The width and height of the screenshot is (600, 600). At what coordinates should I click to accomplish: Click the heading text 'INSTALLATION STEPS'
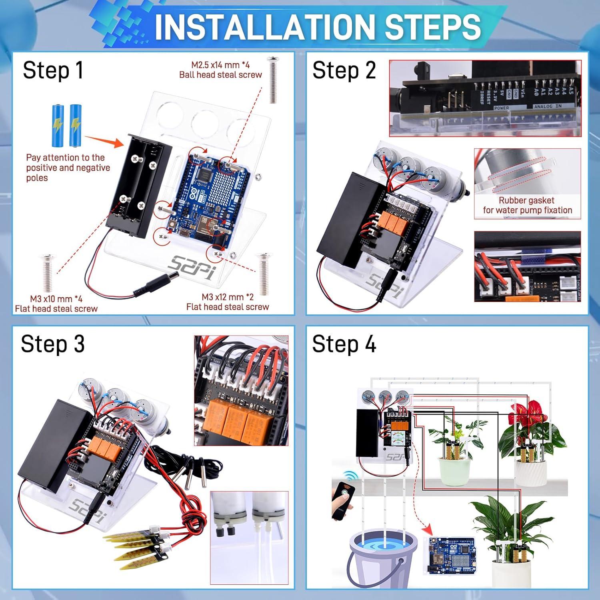pyautogui.click(x=318, y=26)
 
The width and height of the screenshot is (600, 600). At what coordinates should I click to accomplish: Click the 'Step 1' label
pyautogui.click(x=53, y=70)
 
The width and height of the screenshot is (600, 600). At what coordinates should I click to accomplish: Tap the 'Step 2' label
pyautogui.click(x=344, y=70)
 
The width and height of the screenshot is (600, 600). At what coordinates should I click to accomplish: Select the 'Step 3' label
pyautogui.click(x=53, y=344)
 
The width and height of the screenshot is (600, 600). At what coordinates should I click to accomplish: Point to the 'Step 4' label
pyautogui.click(x=344, y=344)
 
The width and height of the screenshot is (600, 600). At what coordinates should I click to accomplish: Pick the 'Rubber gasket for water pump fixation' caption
pyautogui.click(x=527, y=205)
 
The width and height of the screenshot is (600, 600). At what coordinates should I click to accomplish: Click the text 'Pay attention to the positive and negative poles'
pyautogui.click(x=68, y=168)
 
